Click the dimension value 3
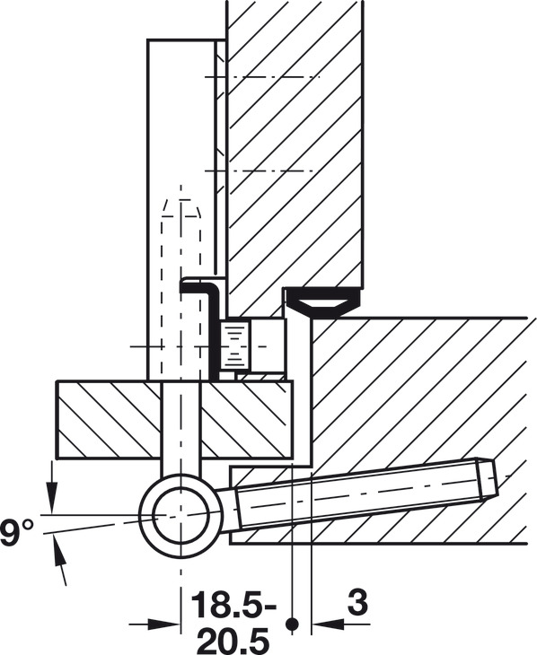[357, 603]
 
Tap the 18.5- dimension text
[233, 604]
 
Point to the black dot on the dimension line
[293, 624]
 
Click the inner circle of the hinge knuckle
[181, 515]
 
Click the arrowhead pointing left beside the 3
[329, 624]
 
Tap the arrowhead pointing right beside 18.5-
[164, 624]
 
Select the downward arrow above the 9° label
[52, 486]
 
